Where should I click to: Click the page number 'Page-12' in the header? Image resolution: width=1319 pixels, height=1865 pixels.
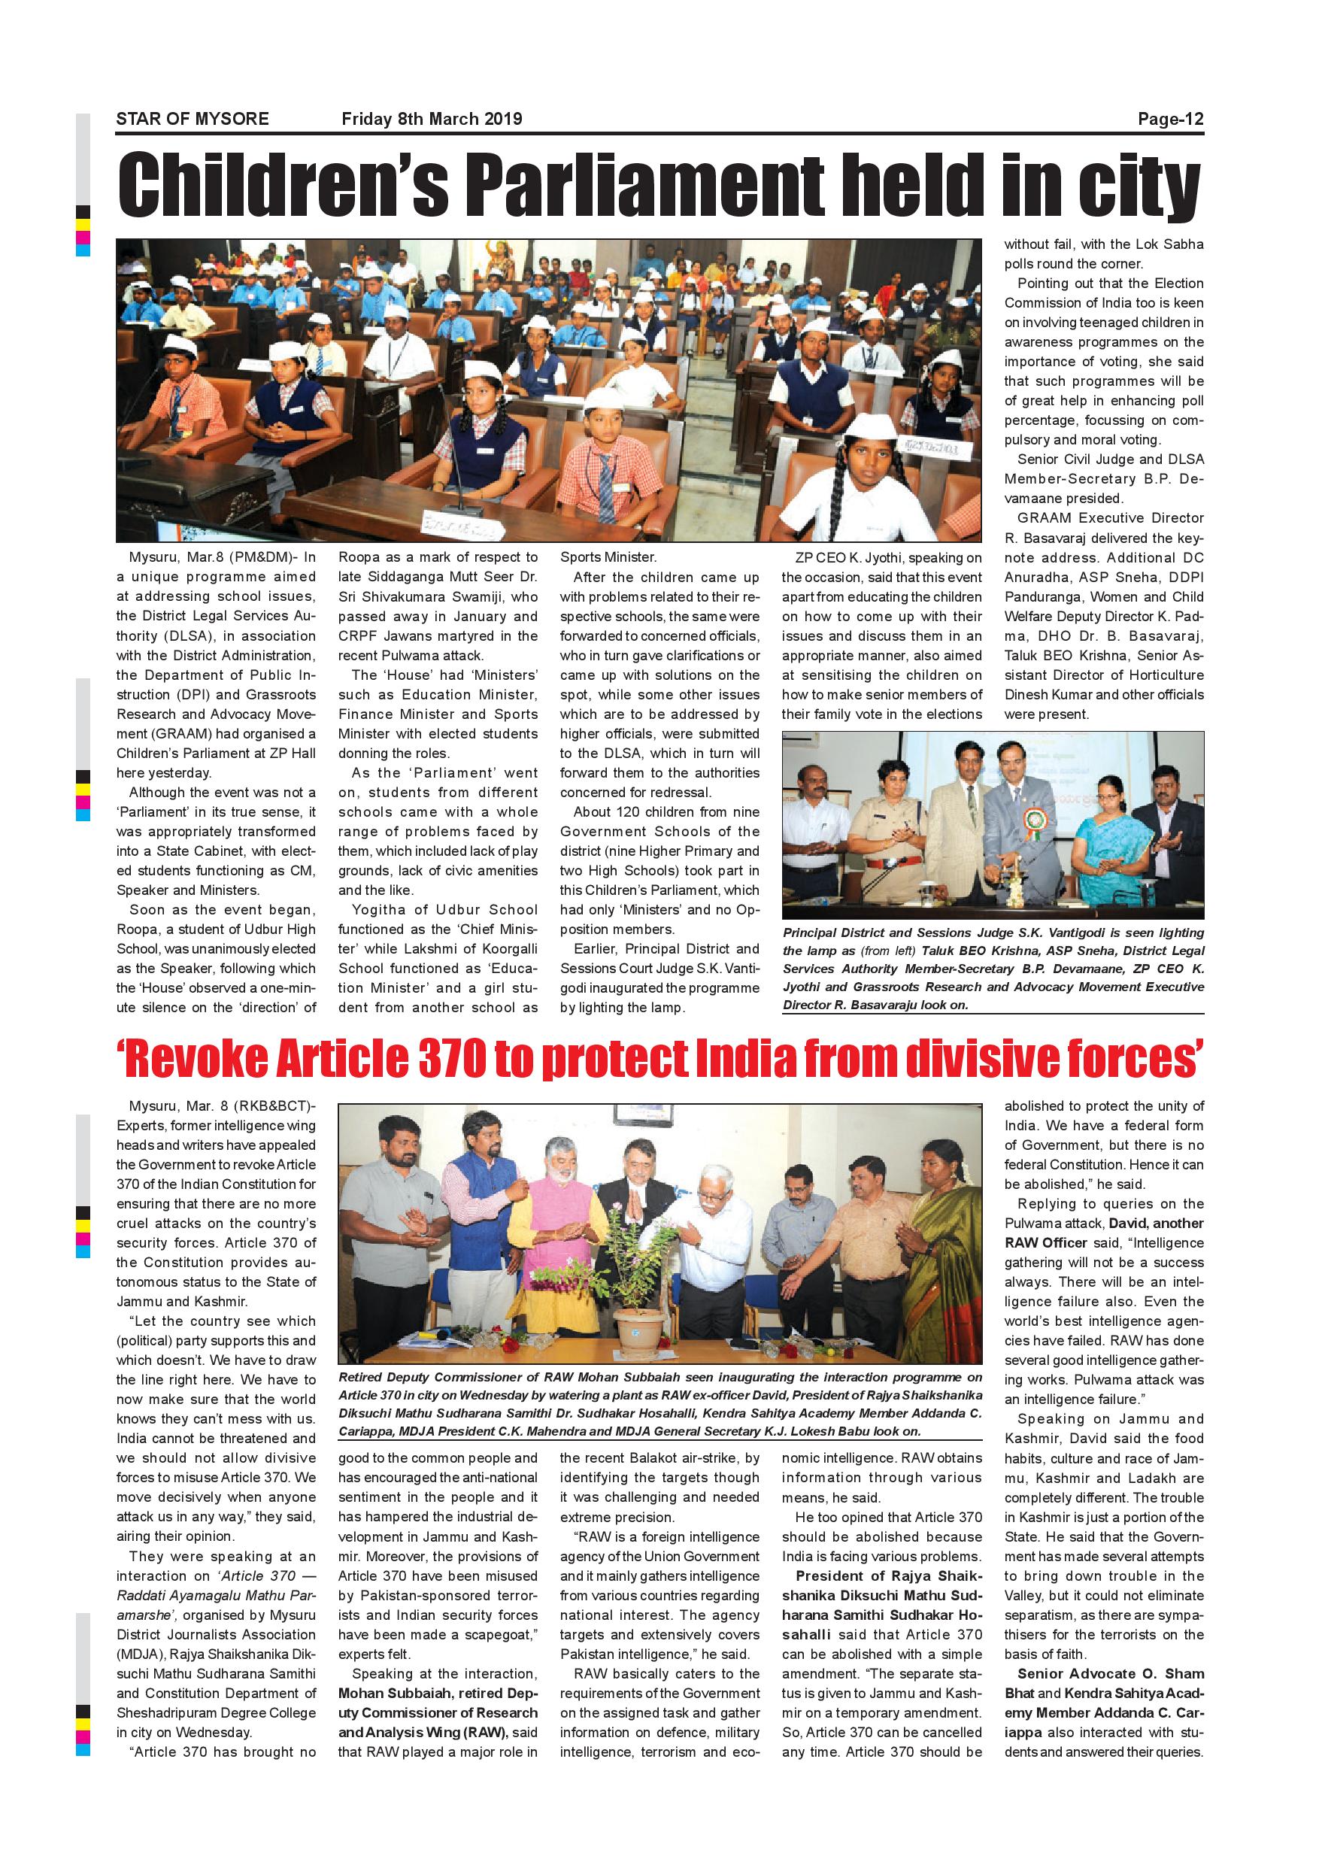click(x=1169, y=120)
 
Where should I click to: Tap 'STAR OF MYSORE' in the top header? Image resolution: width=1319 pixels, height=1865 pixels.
click(x=193, y=120)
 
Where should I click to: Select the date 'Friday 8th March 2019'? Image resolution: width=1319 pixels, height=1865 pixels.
click(x=432, y=120)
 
